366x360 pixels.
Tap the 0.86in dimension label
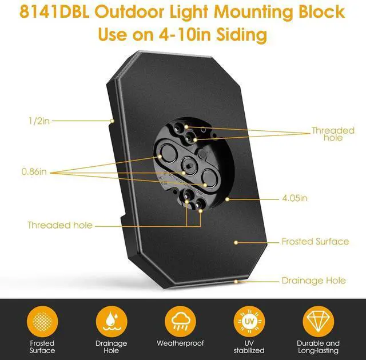34,171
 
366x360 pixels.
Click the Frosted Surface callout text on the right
315,242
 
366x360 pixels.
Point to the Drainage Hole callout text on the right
313,281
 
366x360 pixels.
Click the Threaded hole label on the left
59,225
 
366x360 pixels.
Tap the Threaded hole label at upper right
333,134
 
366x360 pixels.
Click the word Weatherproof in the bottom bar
180,343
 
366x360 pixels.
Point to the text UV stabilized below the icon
249,347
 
